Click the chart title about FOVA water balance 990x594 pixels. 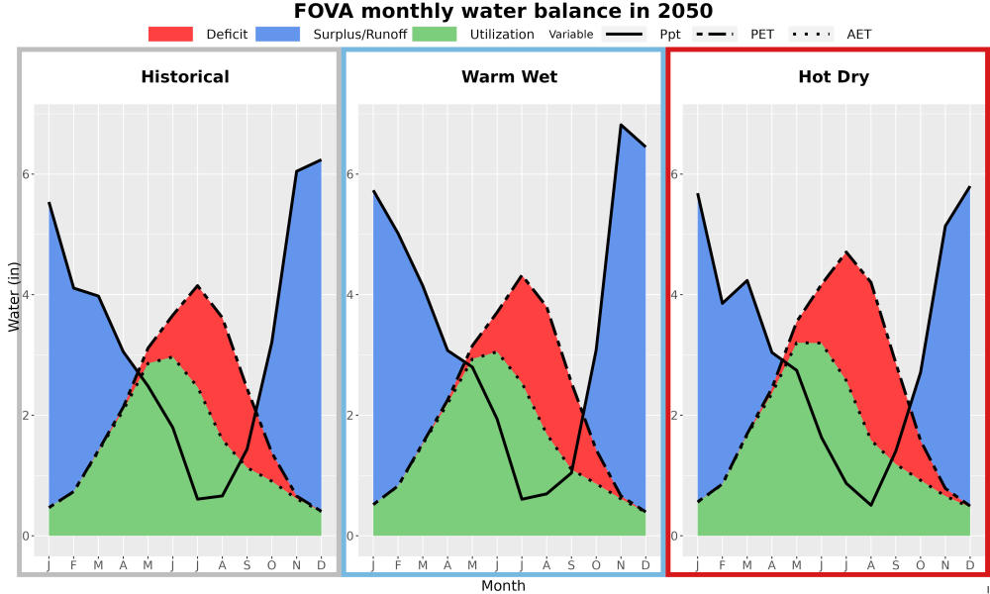(503, 11)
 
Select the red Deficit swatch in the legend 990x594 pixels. (170, 34)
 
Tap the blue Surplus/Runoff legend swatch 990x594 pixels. (278, 34)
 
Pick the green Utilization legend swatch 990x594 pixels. (435, 34)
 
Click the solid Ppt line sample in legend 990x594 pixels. (624, 34)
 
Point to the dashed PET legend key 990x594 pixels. (715, 34)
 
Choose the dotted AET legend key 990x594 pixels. (811, 34)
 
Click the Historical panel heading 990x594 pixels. (185, 77)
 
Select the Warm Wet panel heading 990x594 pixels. (510, 77)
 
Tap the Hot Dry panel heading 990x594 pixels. (834, 77)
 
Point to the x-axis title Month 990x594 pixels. (503, 586)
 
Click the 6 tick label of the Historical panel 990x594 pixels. (27, 173)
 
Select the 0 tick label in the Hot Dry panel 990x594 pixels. (675, 536)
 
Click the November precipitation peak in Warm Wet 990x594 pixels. (621, 125)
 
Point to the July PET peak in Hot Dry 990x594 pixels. (846, 253)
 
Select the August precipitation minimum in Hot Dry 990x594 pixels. (871, 505)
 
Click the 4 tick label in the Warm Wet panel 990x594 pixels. (350, 295)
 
